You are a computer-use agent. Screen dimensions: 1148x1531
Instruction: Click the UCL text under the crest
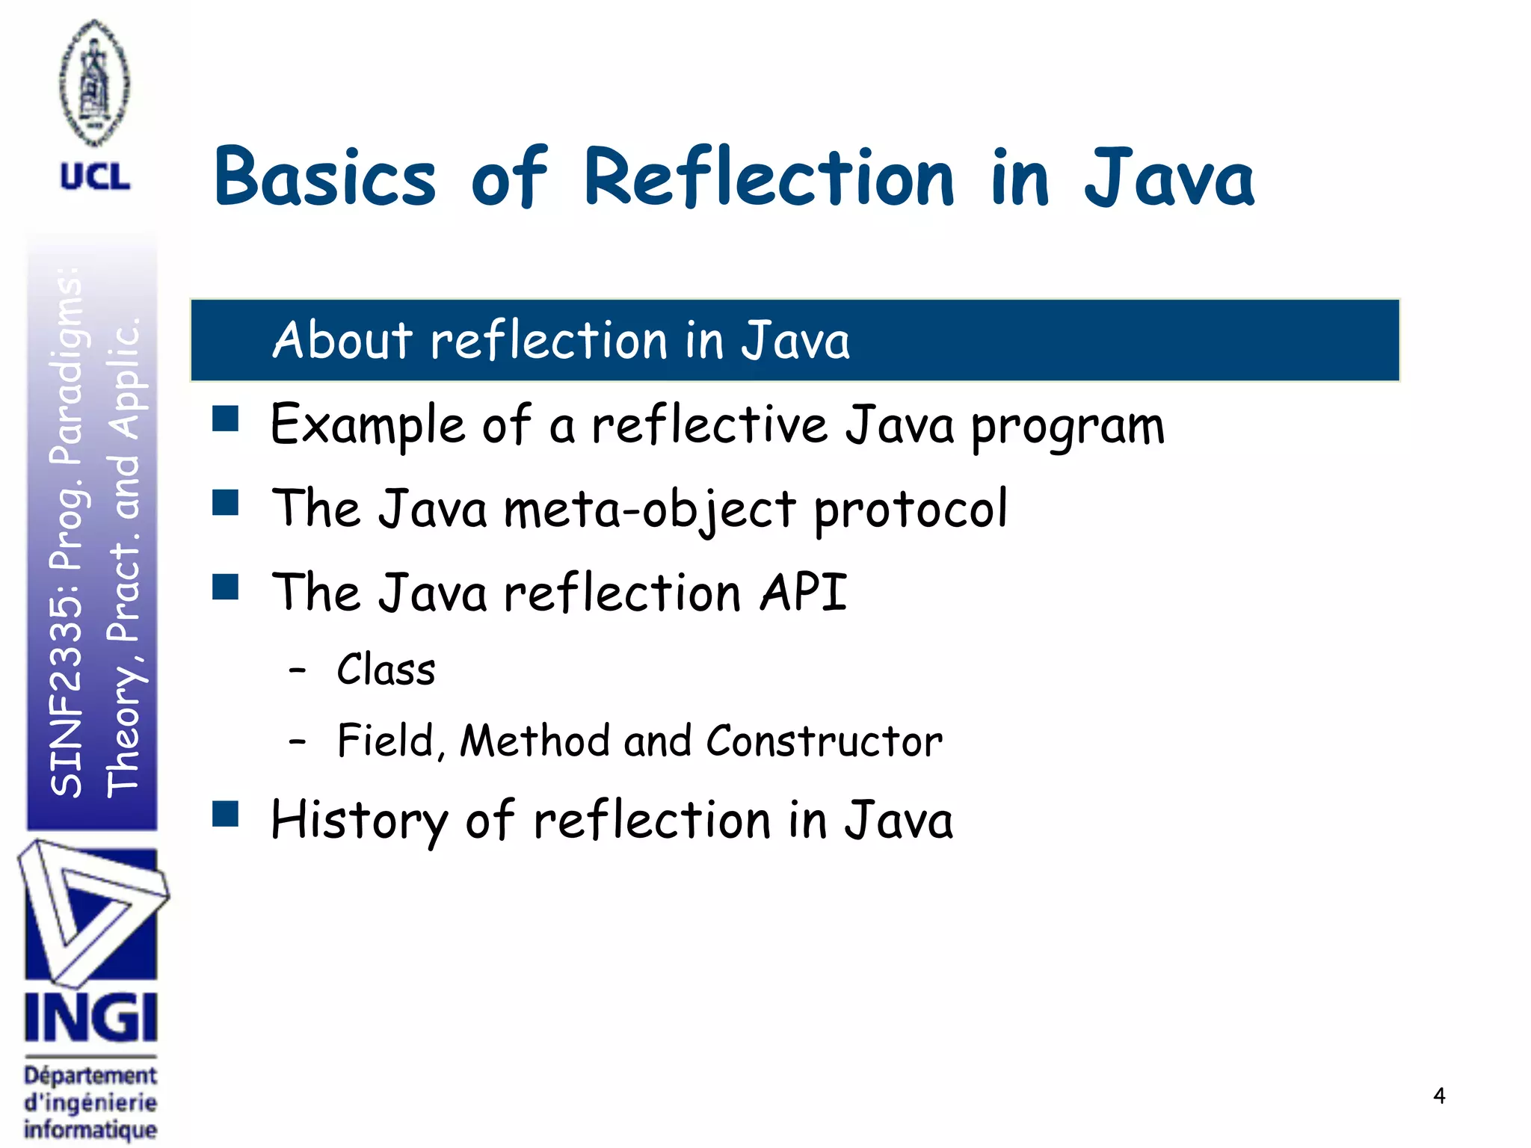click(95, 177)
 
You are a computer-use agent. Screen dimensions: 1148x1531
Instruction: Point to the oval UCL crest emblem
click(94, 82)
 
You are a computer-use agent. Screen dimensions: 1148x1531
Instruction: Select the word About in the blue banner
click(342, 340)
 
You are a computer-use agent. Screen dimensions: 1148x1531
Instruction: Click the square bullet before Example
click(225, 419)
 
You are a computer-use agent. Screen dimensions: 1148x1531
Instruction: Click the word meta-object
click(650, 510)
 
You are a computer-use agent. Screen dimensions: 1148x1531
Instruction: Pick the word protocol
click(911, 510)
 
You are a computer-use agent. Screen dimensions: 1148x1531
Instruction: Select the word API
click(804, 593)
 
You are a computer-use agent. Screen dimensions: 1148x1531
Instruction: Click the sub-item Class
click(386, 670)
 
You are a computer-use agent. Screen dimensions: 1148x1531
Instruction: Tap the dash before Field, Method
click(298, 741)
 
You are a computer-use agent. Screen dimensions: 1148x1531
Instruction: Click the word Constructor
click(824, 741)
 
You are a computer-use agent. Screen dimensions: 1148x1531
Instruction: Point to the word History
click(358, 821)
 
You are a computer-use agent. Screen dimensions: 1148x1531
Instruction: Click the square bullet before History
click(225, 814)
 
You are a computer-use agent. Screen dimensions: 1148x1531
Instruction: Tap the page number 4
click(1439, 1096)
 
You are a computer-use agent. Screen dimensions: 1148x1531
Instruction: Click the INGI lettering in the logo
click(90, 1018)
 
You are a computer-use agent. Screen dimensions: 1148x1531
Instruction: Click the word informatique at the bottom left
click(90, 1129)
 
